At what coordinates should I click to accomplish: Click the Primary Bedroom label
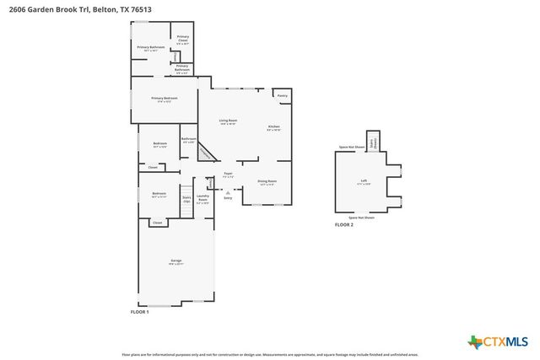coord(165,99)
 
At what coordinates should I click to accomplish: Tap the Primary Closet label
coord(182,40)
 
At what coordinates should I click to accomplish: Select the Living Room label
coord(228,122)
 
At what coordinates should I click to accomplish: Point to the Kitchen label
coord(273,129)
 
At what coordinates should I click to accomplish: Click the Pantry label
coord(283,95)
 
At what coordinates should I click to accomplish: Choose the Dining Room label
coord(267,182)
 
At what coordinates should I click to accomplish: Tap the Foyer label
coord(228,175)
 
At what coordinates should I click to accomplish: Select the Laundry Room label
coord(202,201)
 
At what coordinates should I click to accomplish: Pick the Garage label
coord(176,261)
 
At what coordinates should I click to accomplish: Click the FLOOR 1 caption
coord(139,312)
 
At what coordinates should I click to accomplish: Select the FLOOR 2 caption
coord(343,225)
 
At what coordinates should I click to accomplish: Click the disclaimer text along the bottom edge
coord(270,356)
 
